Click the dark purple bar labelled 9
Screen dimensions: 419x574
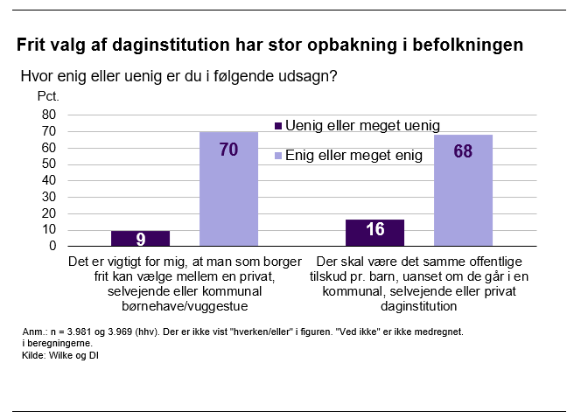(x=140, y=238)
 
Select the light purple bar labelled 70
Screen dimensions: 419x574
(x=229, y=188)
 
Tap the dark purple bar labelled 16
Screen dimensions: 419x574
(x=374, y=233)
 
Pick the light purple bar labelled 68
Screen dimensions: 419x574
(x=463, y=190)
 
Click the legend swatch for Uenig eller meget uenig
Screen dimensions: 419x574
(x=278, y=125)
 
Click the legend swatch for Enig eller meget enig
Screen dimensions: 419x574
(x=278, y=156)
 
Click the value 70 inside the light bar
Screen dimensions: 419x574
(x=229, y=150)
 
